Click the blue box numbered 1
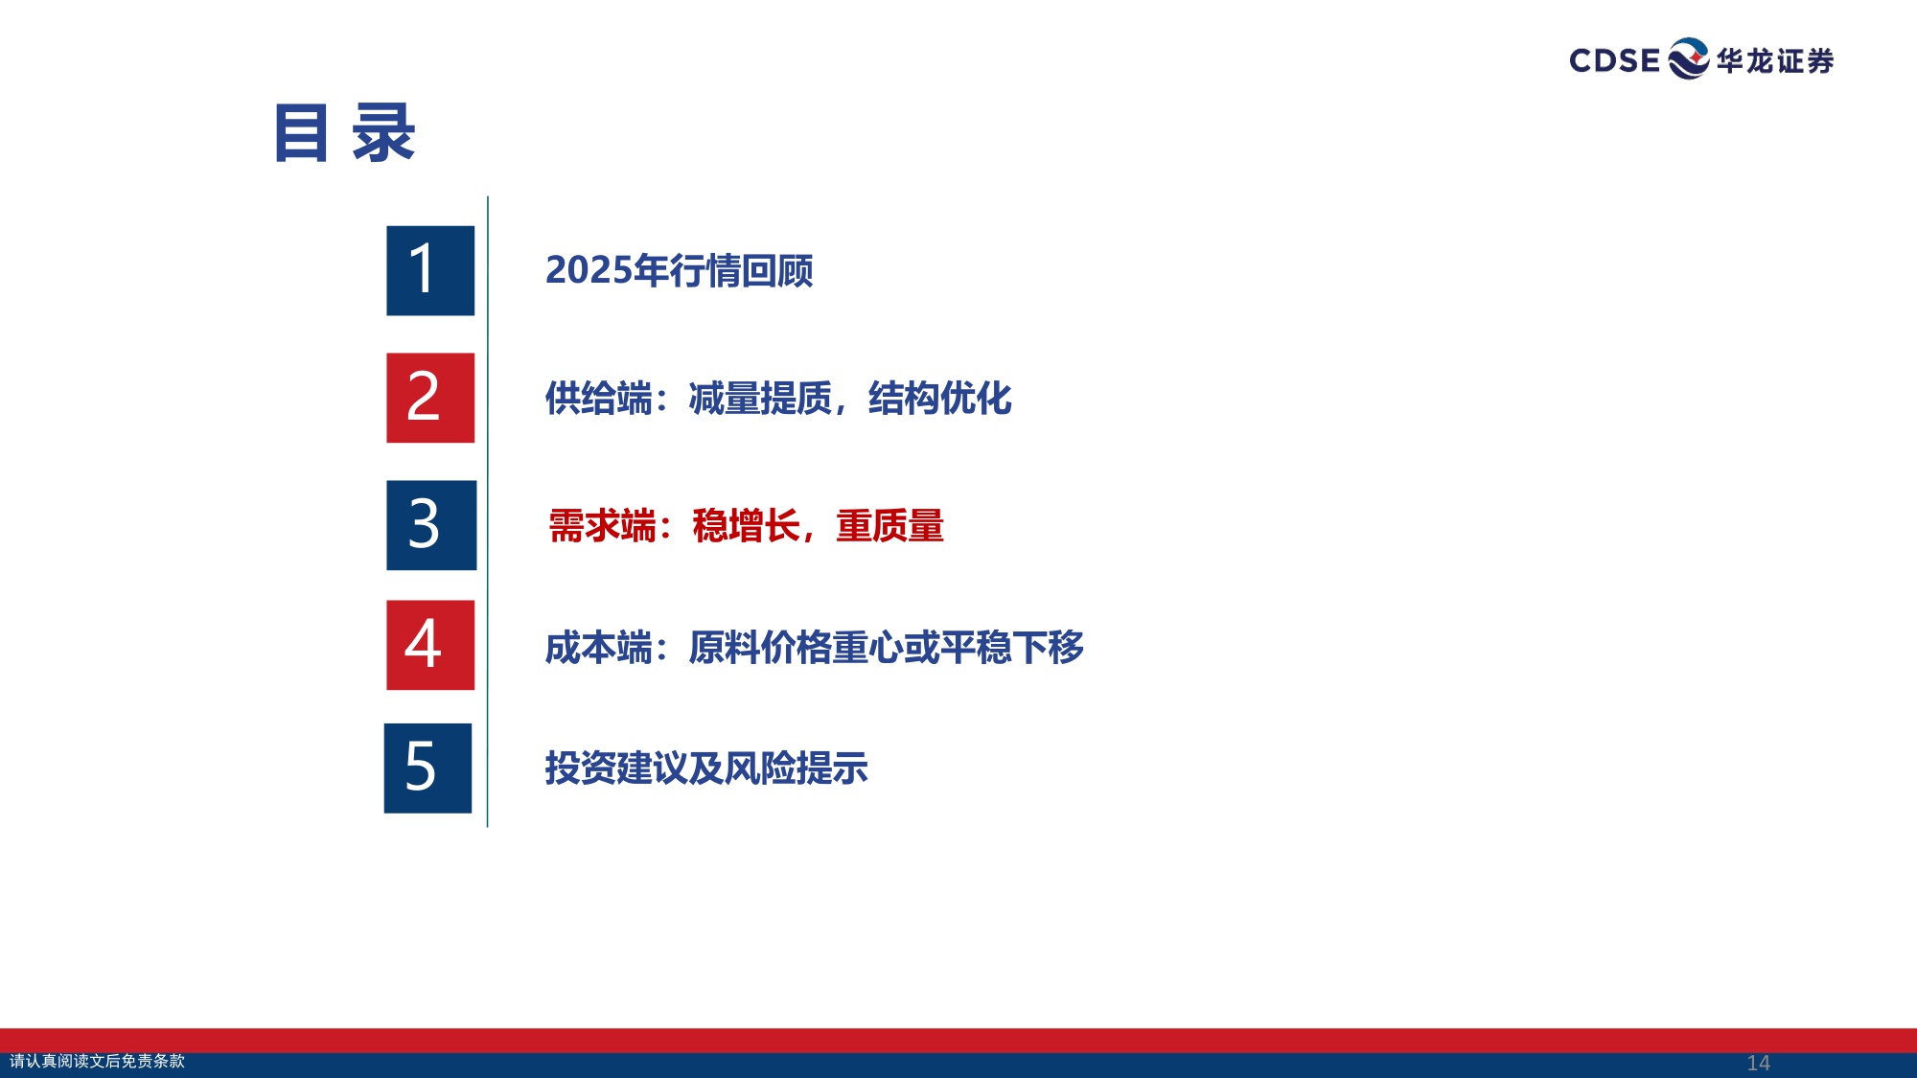click(x=430, y=270)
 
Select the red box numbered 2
click(x=430, y=398)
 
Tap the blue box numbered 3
click(x=430, y=525)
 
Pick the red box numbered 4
click(x=430, y=645)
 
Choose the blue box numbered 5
click(x=427, y=768)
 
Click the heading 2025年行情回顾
click(x=679, y=271)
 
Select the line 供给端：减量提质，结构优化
click(x=777, y=399)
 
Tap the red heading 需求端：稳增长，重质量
click(x=746, y=526)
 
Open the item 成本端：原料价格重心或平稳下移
click(x=814, y=648)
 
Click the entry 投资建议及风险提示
click(x=706, y=768)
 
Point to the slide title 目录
click(x=344, y=133)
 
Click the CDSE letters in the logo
click(x=1614, y=60)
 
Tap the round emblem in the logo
click(x=1688, y=58)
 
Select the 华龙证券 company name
click(x=1775, y=61)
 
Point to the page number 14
click(x=1758, y=1063)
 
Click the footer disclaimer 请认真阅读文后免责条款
click(x=97, y=1061)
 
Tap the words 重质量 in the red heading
click(x=889, y=526)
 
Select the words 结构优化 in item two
click(x=939, y=399)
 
